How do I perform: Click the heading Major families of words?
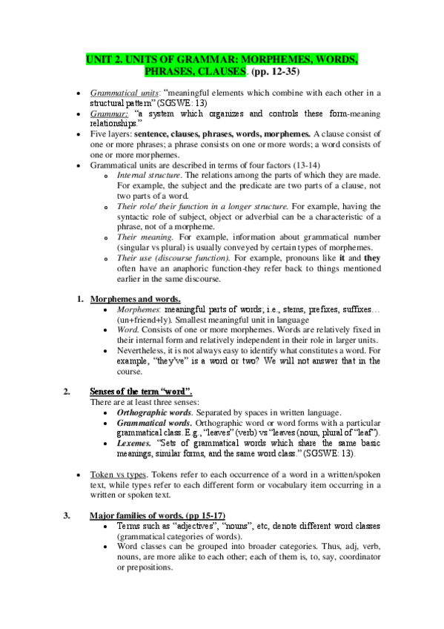coord(157,515)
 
